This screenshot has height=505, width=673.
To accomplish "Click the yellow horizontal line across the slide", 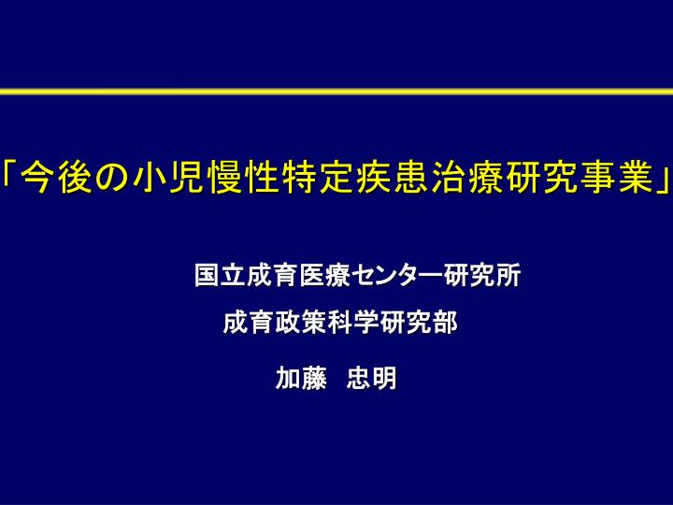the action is tap(336, 92).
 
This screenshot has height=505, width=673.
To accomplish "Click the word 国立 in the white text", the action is tap(221, 275).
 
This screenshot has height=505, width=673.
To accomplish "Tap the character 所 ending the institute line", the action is tap(509, 275).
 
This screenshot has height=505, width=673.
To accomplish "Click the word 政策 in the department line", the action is tap(300, 323).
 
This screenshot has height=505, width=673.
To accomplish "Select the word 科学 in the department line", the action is tap(352, 323).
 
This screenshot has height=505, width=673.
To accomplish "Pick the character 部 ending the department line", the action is tap(445, 323).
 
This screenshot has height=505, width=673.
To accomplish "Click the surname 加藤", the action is tap(301, 378).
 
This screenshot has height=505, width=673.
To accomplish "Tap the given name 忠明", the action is tap(371, 378).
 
